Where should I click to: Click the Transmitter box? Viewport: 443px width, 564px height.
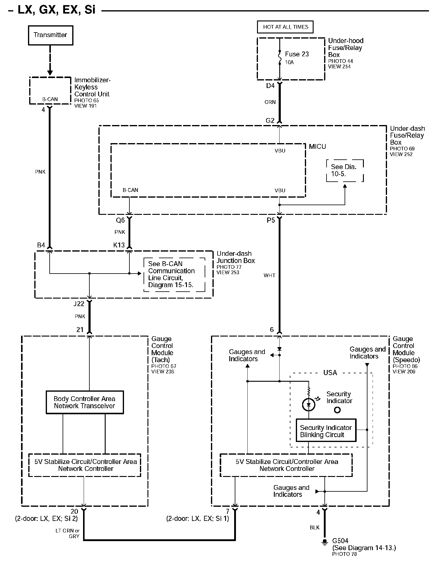51,35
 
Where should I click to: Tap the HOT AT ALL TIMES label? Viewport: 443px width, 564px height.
285,27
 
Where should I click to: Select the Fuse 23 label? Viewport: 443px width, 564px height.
297,54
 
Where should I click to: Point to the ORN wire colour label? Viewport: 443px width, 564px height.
270,102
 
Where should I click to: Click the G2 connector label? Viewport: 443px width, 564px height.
270,121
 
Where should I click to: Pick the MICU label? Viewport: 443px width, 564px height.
317,147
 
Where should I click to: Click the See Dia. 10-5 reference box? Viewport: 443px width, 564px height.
345,171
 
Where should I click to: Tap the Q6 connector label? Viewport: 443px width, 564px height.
120,220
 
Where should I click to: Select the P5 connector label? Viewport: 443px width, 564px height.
271,220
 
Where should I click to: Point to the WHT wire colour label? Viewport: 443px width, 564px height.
269,275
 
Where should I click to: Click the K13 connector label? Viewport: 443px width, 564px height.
119,245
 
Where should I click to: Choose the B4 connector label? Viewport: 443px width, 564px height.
41,245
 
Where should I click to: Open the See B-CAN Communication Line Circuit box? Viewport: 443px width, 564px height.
174,274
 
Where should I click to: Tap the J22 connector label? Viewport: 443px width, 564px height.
79,304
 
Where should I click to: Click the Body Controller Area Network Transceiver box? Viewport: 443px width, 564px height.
85,402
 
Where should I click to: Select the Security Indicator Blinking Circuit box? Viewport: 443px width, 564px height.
326,431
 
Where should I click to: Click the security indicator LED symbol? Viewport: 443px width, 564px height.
308,405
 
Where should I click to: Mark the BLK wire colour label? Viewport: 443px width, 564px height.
314,528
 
